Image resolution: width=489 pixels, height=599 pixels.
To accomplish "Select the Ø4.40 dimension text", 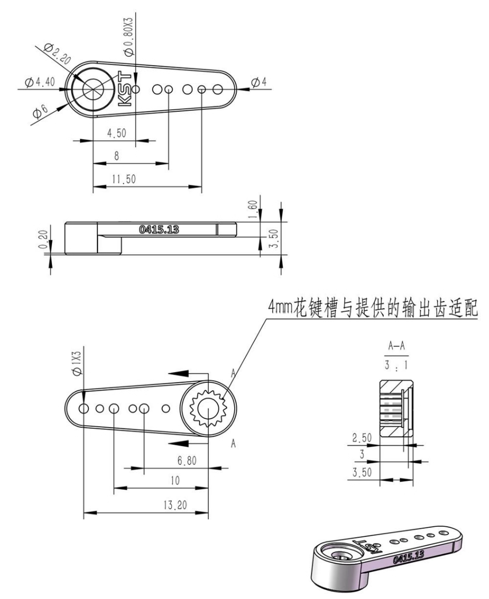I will (40, 82).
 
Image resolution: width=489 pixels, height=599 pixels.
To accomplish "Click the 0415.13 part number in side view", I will (159, 230).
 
